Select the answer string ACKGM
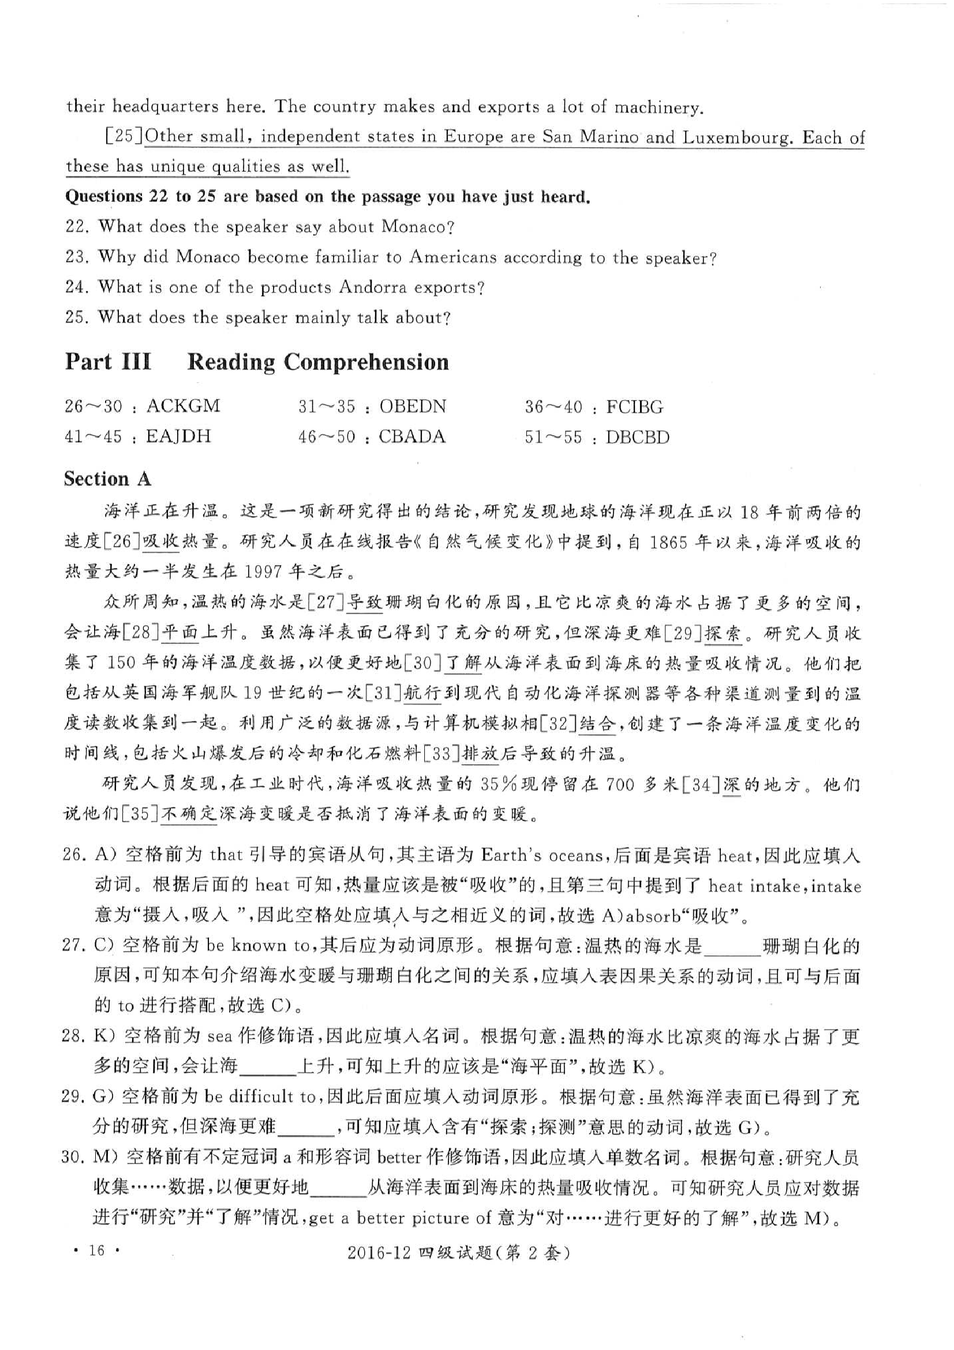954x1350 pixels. (x=183, y=406)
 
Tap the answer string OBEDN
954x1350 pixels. (x=412, y=406)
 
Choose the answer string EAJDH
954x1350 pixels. (x=178, y=436)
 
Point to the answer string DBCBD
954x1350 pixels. (x=637, y=437)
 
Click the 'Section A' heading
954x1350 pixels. (x=107, y=479)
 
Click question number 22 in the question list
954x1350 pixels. (x=76, y=227)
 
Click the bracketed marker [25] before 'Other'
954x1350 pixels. (x=124, y=136)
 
